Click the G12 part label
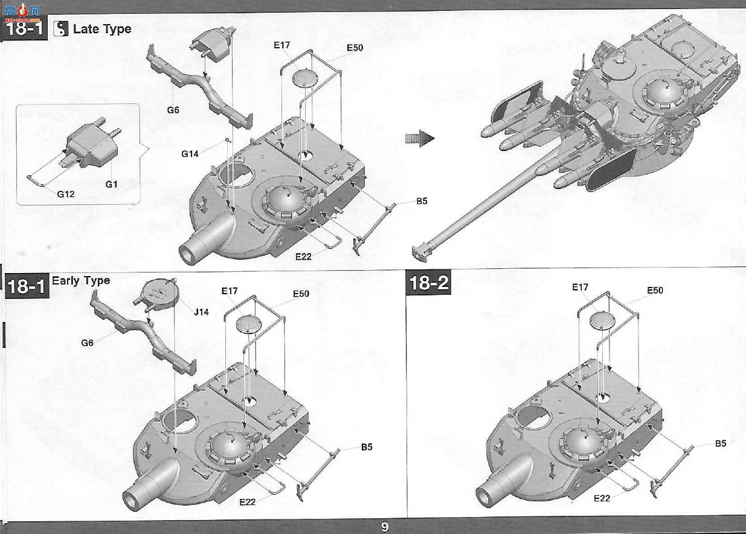(x=66, y=195)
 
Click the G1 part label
(x=111, y=184)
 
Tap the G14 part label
(x=190, y=154)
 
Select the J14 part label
(x=201, y=312)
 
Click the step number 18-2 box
(x=428, y=283)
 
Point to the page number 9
(x=385, y=527)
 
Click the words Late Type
(x=102, y=29)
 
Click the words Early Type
(x=81, y=281)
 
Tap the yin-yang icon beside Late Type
(x=60, y=28)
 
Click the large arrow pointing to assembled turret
(x=420, y=138)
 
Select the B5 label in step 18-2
(x=721, y=443)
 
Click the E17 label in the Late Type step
(x=281, y=45)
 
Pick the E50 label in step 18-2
(x=655, y=291)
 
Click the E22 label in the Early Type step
(x=247, y=502)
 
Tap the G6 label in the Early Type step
(x=87, y=343)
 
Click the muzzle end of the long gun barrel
(x=420, y=254)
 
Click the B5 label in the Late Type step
(x=421, y=201)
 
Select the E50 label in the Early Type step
(x=301, y=294)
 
